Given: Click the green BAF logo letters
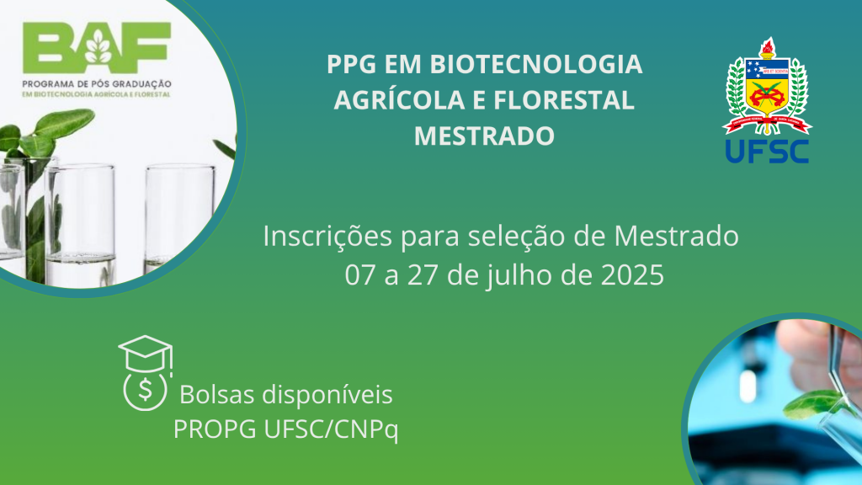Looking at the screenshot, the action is tap(97, 48).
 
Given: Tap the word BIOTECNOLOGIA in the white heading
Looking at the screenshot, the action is tap(536, 64).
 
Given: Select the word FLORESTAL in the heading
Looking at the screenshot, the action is tap(564, 100).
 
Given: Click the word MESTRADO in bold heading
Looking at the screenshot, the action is tap(484, 136).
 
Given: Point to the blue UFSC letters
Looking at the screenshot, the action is tap(767, 152).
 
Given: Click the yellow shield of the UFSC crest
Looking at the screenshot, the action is tap(768, 88).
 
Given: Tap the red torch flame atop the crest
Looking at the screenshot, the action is tap(768, 44).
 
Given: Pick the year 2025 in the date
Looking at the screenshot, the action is tap(632, 275).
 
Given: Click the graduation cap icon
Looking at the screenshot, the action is tap(146, 354).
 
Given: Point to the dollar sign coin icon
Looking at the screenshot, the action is tap(145, 390).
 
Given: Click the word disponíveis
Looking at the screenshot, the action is tap(327, 395).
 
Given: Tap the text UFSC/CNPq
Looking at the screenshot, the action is tap(331, 429).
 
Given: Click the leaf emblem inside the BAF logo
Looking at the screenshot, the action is tap(98, 47).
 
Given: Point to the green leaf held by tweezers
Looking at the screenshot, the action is tap(812, 404).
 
